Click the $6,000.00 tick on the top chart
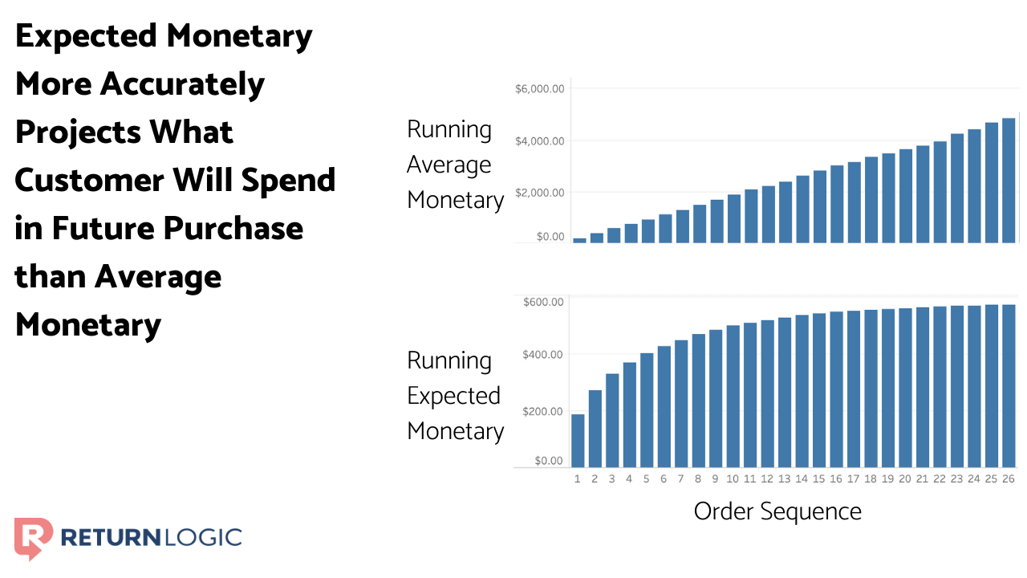click(x=540, y=88)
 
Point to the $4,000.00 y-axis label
click(x=540, y=141)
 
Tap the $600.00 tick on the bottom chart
click(x=543, y=302)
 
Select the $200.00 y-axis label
click(x=543, y=411)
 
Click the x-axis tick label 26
click(x=1008, y=479)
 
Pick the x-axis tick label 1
click(x=578, y=479)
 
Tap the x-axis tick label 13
click(x=784, y=479)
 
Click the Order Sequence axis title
click(x=777, y=511)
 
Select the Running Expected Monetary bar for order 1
click(x=578, y=440)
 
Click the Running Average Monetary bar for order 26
click(x=1009, y=180)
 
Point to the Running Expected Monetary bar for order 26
click(x=1009, y=385)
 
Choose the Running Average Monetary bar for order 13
click(x=785, y=212)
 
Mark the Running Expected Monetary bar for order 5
click(x=647, y=409)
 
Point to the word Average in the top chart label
click(x=449, y=165)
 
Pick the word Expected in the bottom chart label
click(x=453, y=396)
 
